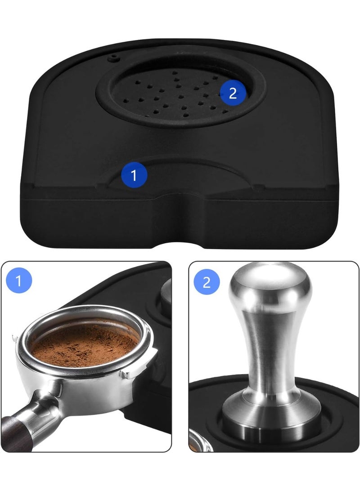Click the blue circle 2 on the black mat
click(233, 93)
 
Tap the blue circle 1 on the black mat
click(134, 175)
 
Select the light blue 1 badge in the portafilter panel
click(19, 280)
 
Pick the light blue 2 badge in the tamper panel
click(207, 282)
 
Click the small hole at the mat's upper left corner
click(113, 58)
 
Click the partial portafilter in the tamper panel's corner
click(201, 442)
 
